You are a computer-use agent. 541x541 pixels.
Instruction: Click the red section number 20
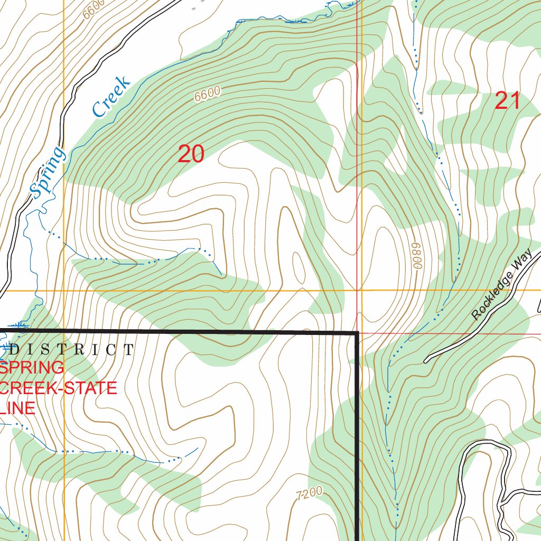click(191, 154)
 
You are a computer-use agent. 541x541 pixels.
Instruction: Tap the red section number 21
click(507, 101)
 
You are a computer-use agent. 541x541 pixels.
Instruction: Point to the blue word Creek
click(111, 97)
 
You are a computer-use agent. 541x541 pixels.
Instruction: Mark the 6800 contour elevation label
click(418, 256)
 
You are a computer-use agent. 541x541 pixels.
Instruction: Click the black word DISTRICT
click(72, 350)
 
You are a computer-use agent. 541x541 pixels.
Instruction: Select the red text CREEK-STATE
click(58, 388)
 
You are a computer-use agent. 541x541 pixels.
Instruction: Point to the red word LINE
click(18, 408)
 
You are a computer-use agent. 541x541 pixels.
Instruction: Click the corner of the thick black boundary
click(358, 333)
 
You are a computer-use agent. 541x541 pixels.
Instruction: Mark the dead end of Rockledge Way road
click(426, 361)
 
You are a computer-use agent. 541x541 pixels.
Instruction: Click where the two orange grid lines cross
click(64, 291)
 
